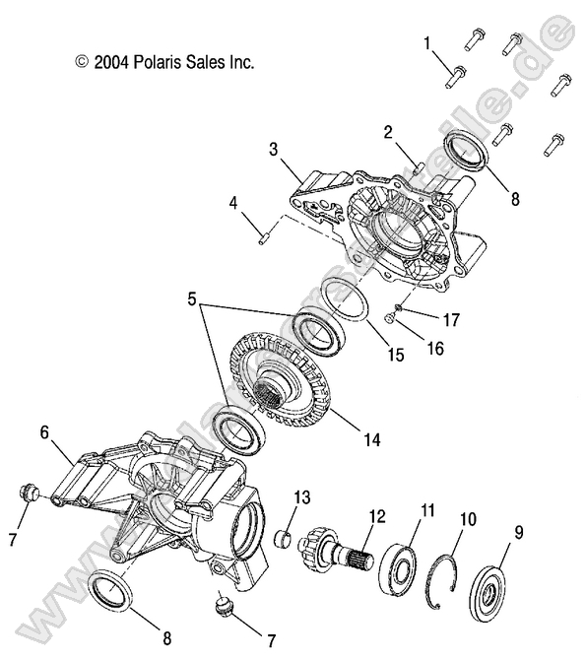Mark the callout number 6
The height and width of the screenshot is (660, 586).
[x=45, y=431]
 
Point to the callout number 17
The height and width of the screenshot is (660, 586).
[x=451, y=318]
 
